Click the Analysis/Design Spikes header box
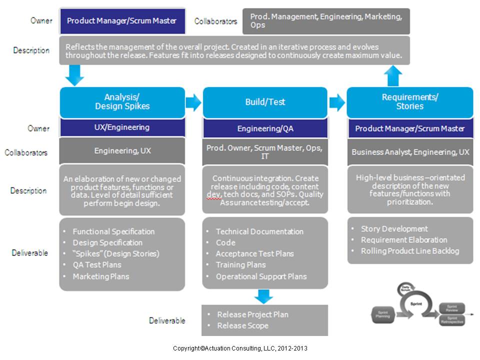pyautogui.click(x=122, y=102)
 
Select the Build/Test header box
pyautogui.click(x=265, y=102)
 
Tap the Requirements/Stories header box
pyautogui.click(x=409, y=102)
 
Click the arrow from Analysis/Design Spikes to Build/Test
pyautogui.click(x=193, y=102)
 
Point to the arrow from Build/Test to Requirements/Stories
pyautogui.click(x=337, y=102)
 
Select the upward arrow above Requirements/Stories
pyautogui.click(x=393, y=76)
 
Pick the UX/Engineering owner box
pyautogui.click(x=122, y=127)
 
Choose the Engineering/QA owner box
pyautogui.click(x=265, y=128)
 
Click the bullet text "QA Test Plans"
pyautogui.click(x=97, y=264)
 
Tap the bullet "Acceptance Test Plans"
pyautogui.click(x=254, y=253)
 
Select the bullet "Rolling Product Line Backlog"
pyautogui.click(x=409, y=251)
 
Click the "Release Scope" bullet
pyautogui.click(x=242, y=325)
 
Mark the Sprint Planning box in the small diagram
pyautogui.click(x=383, y=313)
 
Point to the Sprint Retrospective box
pyautogui.click(x=451, y=320)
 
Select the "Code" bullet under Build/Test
pyautogui.click(x=225, y=242)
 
